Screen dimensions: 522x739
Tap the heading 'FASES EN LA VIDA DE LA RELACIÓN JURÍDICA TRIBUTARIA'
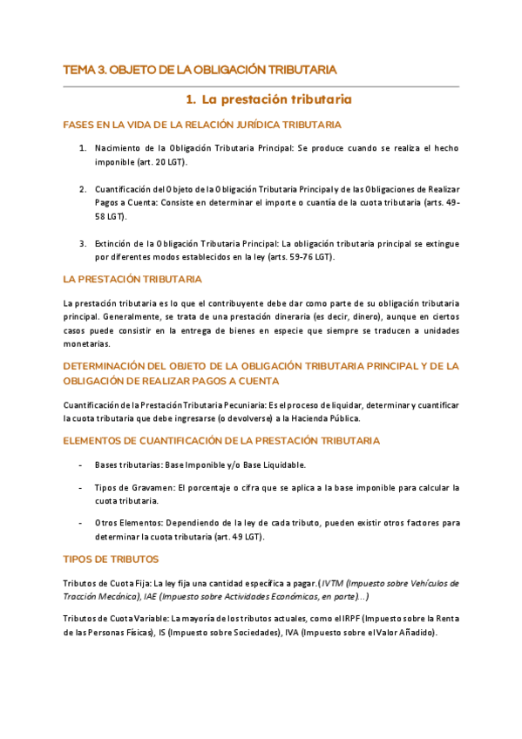[202, 125]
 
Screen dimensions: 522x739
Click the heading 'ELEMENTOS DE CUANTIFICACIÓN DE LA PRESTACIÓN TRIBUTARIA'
[221, 441]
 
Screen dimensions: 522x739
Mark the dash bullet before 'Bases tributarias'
[81, 464]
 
